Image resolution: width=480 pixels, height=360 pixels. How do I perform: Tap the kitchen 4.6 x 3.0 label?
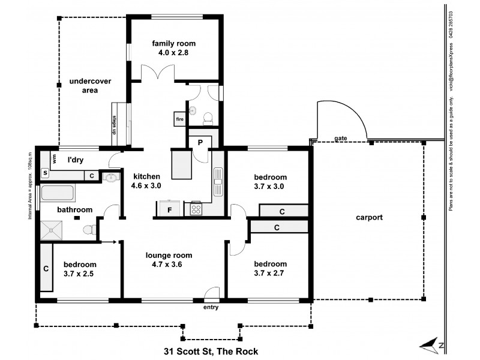point(146,181)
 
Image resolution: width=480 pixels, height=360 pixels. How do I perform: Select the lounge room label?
point(173,259)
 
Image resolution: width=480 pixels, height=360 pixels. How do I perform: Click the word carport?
point(368,218)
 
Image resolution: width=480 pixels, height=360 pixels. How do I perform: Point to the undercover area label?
point(83,86)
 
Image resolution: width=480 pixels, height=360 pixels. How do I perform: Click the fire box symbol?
point(179,119)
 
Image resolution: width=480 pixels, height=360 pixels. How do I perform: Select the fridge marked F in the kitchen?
point(170,210)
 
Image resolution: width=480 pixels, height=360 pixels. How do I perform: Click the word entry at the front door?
point(211,307)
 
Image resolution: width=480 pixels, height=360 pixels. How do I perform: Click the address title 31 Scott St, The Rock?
point(211,351)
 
